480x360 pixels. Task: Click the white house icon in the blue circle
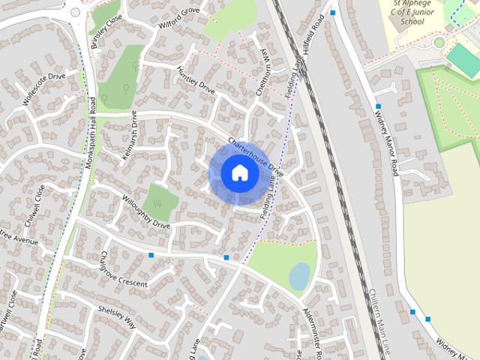(x=239, y=172)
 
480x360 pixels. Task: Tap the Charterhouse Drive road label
(x=256, y=156)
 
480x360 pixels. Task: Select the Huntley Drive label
(x=196, y=80)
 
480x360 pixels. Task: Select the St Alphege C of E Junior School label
(x=412, y=13)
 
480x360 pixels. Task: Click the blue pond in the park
(x=299, y=276)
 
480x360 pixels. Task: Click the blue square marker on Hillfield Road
(x=332, y=13)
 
